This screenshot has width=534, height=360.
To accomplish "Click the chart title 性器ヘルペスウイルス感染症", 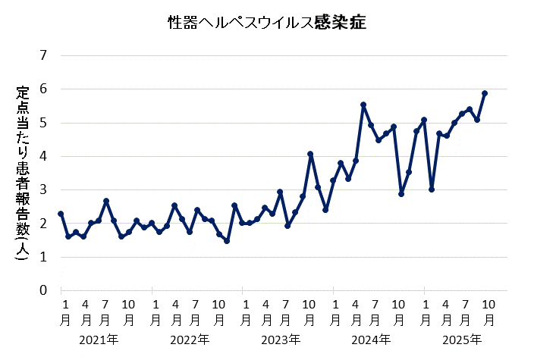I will click(267, 23).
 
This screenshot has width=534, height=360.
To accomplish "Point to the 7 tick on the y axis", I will click(42, 55).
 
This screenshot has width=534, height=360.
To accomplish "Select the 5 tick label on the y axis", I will click(42, 123).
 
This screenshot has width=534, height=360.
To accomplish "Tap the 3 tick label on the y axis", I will click(42, 189).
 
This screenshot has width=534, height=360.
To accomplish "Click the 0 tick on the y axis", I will click(42, 290).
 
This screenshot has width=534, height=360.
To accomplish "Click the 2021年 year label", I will click(99, 339).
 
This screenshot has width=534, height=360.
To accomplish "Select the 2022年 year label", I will click(190, 339).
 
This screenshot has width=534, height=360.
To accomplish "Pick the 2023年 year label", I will click(280, 339).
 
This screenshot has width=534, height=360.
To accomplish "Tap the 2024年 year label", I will click(371, 339).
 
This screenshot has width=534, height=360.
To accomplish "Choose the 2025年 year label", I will click(461, 339).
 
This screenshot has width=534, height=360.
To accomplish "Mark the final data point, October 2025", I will click(485, 93).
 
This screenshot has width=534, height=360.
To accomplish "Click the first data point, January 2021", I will click(61, 214).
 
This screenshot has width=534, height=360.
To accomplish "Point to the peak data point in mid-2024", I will click(363, 105).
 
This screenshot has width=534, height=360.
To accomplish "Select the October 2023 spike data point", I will click(310, 154).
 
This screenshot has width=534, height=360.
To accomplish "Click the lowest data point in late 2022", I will click(227, 241).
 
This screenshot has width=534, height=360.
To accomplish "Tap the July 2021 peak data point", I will click(106, 201).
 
